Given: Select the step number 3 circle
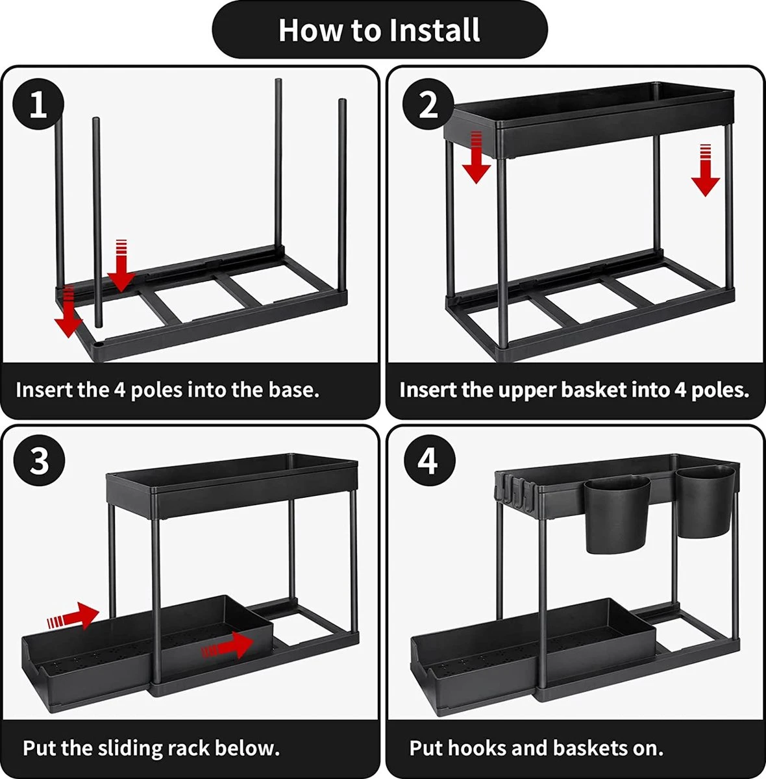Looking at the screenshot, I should coord(39,462).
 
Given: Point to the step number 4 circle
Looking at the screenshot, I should coord(428,462).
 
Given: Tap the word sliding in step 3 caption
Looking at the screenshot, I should coord(130,748).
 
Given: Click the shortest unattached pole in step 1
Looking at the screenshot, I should coord(97,221).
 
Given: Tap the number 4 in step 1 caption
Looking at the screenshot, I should coord(120,390).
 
